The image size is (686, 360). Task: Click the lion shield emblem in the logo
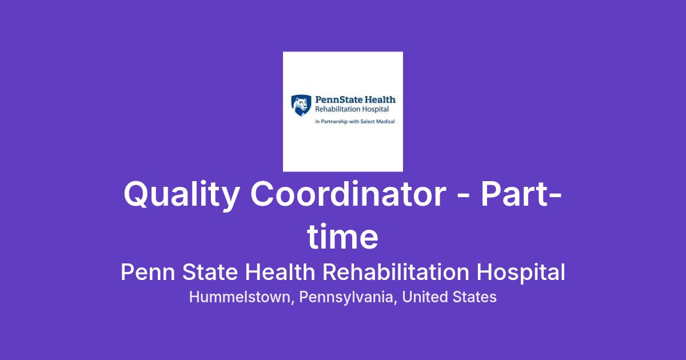click(301, 105)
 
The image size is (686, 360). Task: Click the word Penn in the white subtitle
click(148, 272)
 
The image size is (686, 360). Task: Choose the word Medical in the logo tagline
click(385, 121)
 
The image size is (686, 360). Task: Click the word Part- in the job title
click(521, 194)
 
